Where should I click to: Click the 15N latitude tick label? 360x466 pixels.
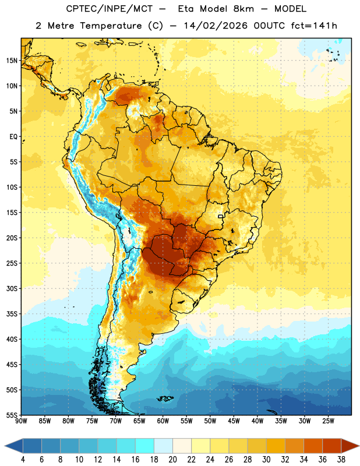tap(12, 61)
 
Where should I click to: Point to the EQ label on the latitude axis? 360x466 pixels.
tap(13, 137)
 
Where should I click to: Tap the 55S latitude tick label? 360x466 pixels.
tap(12, 415)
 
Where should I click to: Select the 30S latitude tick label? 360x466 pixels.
tap(12, 288)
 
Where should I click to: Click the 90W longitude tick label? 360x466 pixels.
tap(21, 421)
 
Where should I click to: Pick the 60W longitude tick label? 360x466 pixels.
tap(163, 421)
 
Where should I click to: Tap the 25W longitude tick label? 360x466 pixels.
tap(328, 421)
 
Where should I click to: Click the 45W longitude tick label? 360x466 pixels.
tap(234, 421)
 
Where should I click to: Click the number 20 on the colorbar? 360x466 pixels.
tap(172, 460)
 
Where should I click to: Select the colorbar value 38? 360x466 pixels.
tap(341, 460)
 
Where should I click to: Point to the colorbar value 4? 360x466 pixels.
tap(23, 460)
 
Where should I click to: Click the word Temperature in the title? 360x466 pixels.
tap(111, 26)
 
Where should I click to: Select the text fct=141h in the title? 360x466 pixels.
tap(314, 26)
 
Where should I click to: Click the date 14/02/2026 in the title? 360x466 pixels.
tap(216, 26)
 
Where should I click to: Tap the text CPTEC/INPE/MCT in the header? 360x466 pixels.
tap(110, 9)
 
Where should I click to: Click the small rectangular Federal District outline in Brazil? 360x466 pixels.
tap(221, 217)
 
